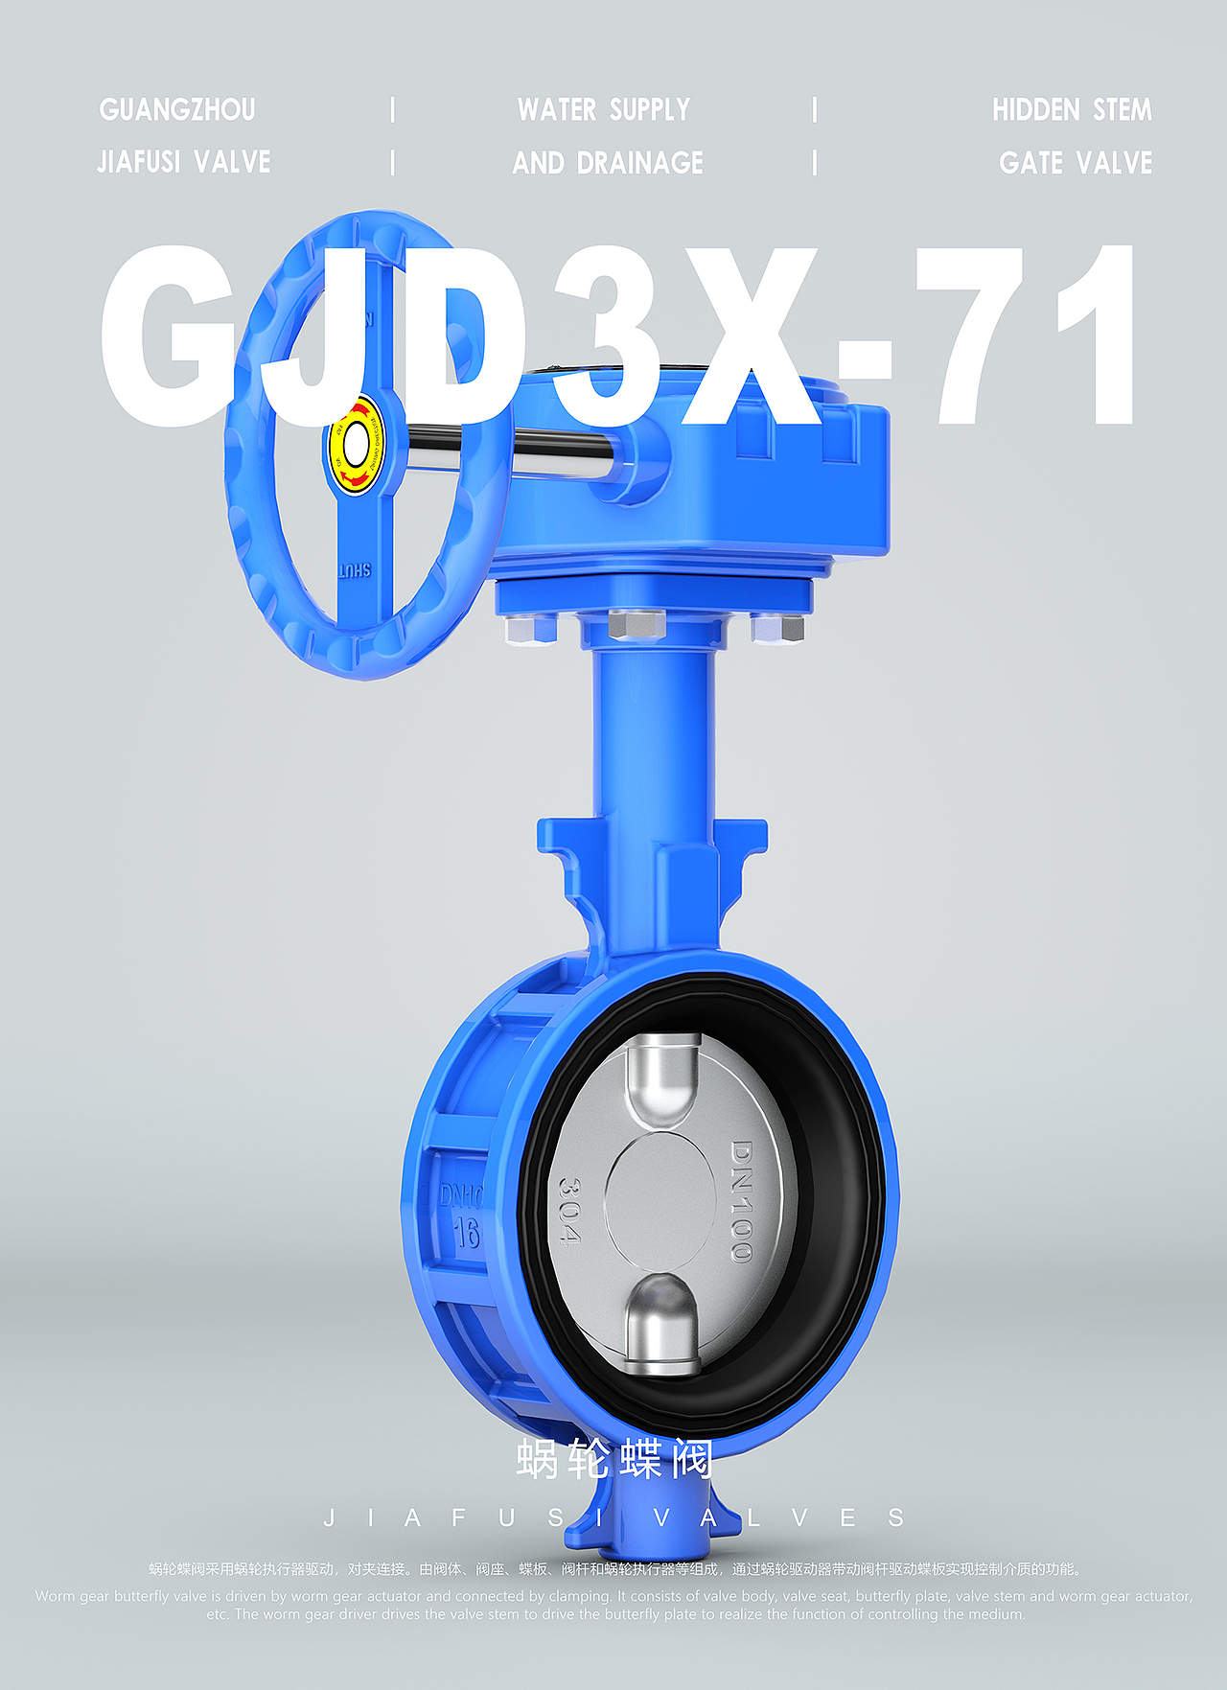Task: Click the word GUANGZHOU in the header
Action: tap(177, 110)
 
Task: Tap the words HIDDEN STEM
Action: tap(1072, 110)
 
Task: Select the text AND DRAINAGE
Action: tap(608, 163)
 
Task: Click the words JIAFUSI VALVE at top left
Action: tap(183, 162)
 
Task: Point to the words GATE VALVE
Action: tap(1075, 163)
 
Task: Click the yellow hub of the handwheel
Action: tap(356, 444)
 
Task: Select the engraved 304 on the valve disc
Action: tap(569, 1212)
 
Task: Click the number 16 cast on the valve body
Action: tap(467, 1233)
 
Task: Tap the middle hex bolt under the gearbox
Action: tap(637, 624)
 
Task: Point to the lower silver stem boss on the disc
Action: tap(662, 1323)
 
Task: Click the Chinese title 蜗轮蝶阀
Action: tap(613, 1459)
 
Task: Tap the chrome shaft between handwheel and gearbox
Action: tap(556, 444)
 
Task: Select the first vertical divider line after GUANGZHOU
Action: tap(392, 109)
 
